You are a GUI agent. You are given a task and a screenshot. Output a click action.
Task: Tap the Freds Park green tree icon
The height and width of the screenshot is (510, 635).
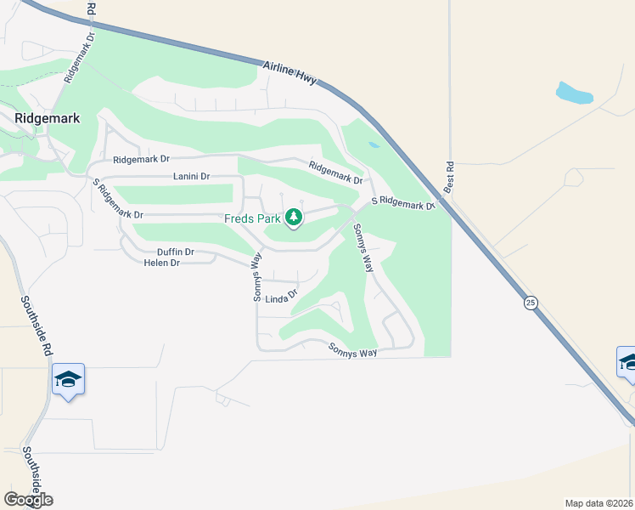(x=294, y=218)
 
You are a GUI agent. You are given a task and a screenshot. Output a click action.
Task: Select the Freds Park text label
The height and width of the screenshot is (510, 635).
(x=251, y=218)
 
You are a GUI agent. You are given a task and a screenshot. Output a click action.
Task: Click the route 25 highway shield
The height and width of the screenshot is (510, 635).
(x=531, y=303)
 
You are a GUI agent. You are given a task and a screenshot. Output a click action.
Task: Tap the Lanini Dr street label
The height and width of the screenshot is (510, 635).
(x=190, y=177)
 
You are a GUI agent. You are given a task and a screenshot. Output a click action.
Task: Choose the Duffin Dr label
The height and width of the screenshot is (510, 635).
(x=176, y=252)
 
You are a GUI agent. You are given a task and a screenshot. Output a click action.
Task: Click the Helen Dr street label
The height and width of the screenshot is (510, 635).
(x=162, y=263)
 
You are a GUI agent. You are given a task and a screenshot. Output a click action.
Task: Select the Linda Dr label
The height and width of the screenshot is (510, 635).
(x=281, y=297)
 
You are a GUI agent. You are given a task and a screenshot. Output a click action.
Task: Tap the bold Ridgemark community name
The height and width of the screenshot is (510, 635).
(x=48, y=118)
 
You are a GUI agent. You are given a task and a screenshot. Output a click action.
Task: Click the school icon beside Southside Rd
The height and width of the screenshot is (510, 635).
(x=68, y=380)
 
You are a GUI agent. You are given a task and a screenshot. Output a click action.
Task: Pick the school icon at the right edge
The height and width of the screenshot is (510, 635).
(x=627, y=362)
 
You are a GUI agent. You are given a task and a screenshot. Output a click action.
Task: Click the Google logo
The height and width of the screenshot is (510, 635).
(x=28, y=500)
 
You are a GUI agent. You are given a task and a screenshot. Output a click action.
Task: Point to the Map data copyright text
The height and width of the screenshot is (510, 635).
(x=599, y=503)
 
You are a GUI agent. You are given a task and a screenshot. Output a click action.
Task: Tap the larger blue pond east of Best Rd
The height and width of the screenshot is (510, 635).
(x=574, y=92)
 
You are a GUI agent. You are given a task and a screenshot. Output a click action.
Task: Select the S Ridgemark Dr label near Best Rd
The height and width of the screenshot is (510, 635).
(x=402, y=203)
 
